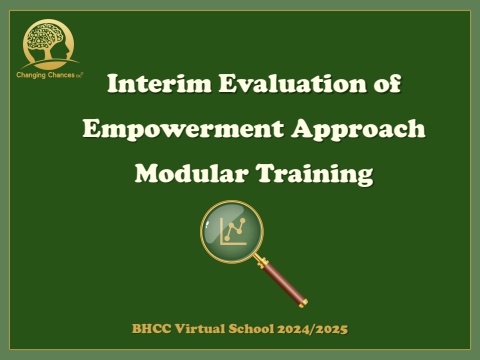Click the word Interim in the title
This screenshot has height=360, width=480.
(x=159, y=84)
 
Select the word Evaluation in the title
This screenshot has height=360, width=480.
(x=293, y=84)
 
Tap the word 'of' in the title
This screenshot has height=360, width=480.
(x=387, y=84)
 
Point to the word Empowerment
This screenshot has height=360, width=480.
(x=183, y=130)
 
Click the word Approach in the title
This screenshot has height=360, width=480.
(x=358, y=130)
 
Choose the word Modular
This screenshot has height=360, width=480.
(x=192, y=173)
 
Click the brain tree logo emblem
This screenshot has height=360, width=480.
(x=49, y=44)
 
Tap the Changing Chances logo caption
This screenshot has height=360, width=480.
(x=50, y=75)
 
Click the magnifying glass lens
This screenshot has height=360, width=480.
(x=232, y=232)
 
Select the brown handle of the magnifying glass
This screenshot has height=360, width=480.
(x=283, y=282)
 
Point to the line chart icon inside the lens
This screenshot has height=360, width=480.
(x=234, y=231)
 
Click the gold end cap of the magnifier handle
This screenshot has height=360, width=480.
(x=303, y=303)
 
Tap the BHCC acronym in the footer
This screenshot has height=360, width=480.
(x=152, y=329)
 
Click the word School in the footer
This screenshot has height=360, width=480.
(x=251, y=329)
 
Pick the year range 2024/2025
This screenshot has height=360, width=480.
(x=313, y=329)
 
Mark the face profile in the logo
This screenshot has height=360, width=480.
(x=66, y=47)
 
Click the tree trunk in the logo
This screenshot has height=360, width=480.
(x=47, y=53)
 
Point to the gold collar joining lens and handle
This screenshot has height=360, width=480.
(x=261, y=261)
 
